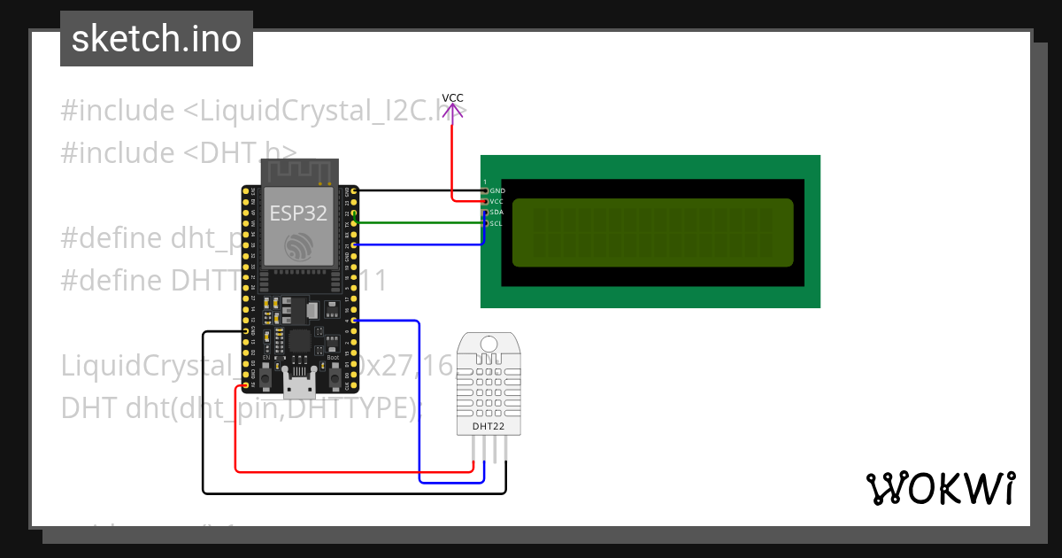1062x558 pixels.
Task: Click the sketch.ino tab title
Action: (157, 39)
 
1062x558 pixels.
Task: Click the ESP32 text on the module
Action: (298, 213)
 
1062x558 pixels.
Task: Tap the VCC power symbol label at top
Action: (452, 98)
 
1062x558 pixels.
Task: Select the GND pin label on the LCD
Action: (497, 190)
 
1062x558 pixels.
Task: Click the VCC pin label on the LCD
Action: (496, 202)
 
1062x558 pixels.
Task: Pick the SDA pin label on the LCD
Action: (496, 213)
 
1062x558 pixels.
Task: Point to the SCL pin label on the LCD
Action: (496, 223)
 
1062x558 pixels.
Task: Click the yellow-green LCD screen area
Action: (652, 232)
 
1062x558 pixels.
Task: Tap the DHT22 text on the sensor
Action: (489, 426)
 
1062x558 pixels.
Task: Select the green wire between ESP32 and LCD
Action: (416, 222)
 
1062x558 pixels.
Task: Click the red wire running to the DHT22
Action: (354, 471)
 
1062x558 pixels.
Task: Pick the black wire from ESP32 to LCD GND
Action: (416, 190)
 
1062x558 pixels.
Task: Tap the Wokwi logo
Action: (941, 488)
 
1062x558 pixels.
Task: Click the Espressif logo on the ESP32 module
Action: (298, 247)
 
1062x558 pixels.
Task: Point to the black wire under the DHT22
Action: (354, 492)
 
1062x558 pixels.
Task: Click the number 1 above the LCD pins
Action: (485, 182)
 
